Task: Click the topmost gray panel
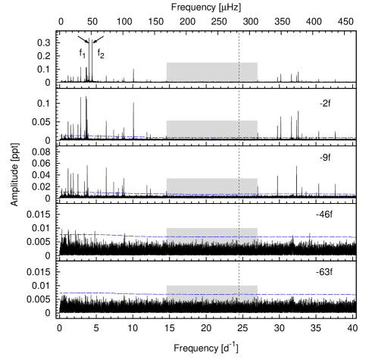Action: (x=211, y=71)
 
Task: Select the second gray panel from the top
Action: (x=211, y=128)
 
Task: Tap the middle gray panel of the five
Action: (x=211, y=186)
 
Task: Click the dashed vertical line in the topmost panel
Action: (x=239, y=71)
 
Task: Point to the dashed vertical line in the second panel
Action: (x=239, y=129)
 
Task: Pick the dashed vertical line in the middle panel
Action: (x=239, y=186)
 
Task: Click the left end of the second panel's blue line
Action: (x=60, y=136)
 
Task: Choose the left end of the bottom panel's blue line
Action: (x=60, y=293)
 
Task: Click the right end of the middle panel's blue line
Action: (x=355, y=194)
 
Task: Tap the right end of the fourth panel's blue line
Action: (x=355, y=237)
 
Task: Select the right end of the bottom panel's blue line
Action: (x=355, y=294)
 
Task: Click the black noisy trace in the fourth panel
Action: (x=211, y=245)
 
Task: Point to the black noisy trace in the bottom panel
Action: (x=211, y=303)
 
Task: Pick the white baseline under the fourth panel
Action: (x=211, y=255)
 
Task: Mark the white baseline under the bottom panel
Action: (x=211, y=313)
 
